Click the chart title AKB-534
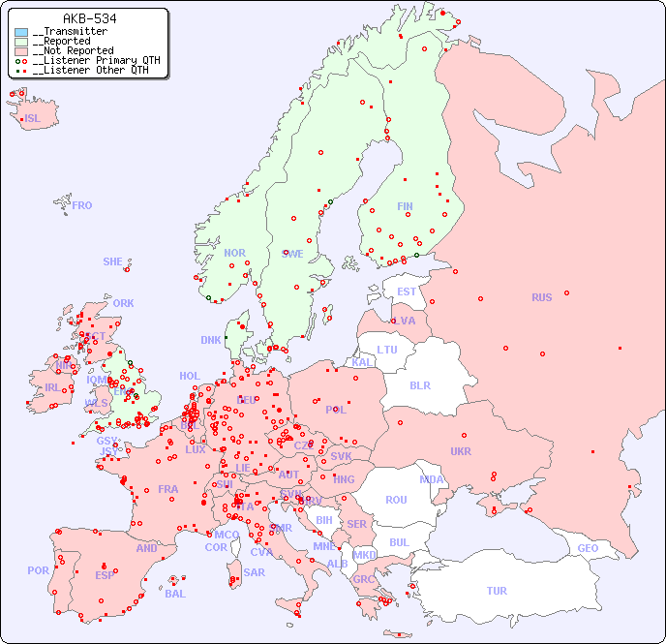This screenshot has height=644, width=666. point(90,18)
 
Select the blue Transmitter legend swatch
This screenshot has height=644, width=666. point(21,32)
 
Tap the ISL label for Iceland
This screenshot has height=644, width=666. point(33,119)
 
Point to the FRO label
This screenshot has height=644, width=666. point(82,205)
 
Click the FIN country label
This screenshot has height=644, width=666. point(405,206)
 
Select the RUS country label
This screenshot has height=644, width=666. point(541,297)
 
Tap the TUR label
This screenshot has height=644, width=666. point(497,591)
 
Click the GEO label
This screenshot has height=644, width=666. point(588,548)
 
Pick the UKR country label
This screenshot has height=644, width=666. point(461,451)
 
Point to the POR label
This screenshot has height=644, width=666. point(38,570)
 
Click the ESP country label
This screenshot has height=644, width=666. point(105,575)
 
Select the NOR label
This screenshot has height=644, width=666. point(234,253)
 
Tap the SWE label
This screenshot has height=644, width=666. point(292,254)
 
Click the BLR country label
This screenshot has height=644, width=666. point(420,384)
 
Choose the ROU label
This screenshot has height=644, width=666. point(396,500)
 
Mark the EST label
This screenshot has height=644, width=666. point(407,291)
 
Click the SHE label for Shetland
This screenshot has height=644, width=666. point(112,261)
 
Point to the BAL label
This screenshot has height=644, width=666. point(174,594)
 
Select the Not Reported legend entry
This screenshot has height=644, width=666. point(73,50)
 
